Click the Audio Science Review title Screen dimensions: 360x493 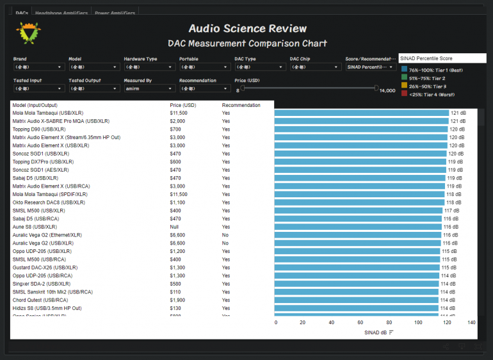[x=247, y=29]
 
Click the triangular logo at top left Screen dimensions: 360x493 [x=28, y=33]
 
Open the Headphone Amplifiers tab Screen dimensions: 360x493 [x=61, y=13]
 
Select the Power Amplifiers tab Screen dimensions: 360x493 [x=115, y=13]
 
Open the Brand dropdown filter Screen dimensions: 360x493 [x=38, y=67]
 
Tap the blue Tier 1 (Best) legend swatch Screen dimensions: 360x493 [x=404, y=70]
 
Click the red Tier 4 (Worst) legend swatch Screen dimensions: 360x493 [x=404, y=94]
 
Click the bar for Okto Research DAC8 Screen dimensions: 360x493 [x=359, y=202]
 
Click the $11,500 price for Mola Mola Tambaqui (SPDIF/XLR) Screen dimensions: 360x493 [x=179, y=194]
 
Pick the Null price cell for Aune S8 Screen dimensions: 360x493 [x=174, y=227]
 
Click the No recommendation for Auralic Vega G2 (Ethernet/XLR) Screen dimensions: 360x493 [x=225, y=235]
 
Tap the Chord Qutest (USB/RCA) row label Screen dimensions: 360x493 [x=40, y=300]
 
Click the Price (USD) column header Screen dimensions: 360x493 [x=182, y=105]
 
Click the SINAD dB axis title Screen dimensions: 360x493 [x=375, y=332]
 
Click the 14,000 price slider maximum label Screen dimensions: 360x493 [x=387, y=91]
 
